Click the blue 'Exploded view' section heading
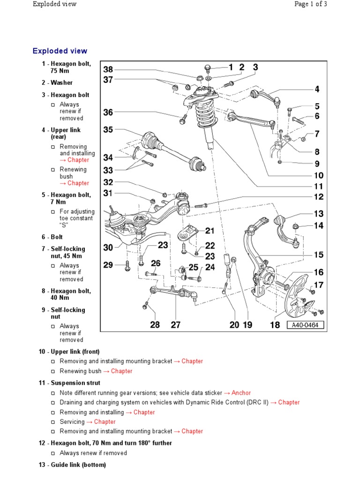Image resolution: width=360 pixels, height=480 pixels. tap(60, 51)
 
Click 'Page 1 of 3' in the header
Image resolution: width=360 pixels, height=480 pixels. tap(310, 4)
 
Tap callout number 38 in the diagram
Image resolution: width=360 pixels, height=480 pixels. tap(108, 70)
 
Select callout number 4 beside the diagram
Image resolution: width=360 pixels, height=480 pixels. tap(317, 89)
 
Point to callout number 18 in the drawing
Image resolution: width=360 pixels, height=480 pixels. tap(275, 325)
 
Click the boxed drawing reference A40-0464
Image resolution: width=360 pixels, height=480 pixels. tap(306, 325)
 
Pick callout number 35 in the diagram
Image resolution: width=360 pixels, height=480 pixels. tap(108, 130)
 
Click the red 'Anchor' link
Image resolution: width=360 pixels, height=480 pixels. tap(241, 393)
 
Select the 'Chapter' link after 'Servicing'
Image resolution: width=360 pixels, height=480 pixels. tap(105, 422)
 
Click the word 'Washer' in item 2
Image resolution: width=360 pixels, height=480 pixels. tap(61, 82)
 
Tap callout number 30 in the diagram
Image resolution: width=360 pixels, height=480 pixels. tap(108, 247)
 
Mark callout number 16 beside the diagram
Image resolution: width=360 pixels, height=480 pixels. tap(318, 272)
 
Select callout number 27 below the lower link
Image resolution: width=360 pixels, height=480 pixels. tap(175, 325)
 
